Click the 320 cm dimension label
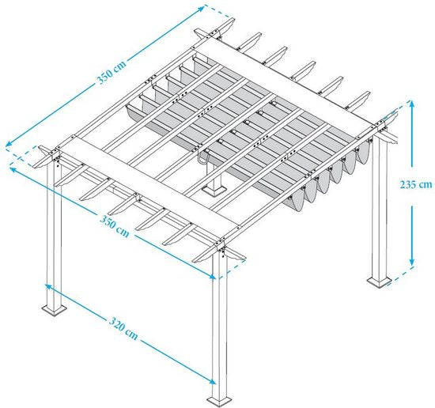click(123, 328)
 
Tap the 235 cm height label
click(416, 184)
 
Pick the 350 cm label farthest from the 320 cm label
click(112, 72)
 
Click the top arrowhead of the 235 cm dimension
click(412, 104)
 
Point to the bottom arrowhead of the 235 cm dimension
click(412, 262)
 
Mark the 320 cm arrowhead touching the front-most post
click(212, 382)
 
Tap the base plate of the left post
click(54, 310)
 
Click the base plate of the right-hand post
click(379, 281)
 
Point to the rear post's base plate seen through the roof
click(213, 191)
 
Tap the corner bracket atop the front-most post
click(221, 246)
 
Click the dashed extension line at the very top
click(217, 11)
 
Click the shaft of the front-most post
click(219, 324)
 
